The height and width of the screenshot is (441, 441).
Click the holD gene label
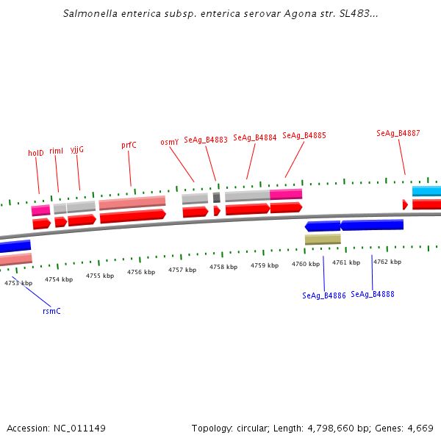tap(36, 153)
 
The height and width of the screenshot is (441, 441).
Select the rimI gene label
tap(57, 151)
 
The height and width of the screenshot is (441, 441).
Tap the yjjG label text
tap(77, 149)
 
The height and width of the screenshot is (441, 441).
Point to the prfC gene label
tap(129, 146)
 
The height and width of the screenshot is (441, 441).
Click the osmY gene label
tap(170, 143)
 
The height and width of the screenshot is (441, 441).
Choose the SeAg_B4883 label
tap(206, 140)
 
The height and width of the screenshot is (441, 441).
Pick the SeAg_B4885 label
tap(304, 135)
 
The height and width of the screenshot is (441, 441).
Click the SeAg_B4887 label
tap(398, 133)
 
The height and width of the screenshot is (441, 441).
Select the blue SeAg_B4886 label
tap(324, 295)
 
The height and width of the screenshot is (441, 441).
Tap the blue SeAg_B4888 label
tap(373, 294)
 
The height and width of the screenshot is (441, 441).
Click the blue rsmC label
tap(51, 311)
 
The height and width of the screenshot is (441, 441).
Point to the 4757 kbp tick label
tap(182, 270)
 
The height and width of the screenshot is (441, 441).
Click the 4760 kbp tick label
tap(306, 263)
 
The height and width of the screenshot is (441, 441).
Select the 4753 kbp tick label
tap(18, 282)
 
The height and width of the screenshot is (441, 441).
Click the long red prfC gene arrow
tap(132, 216)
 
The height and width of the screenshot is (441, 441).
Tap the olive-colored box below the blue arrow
tap(323, 240)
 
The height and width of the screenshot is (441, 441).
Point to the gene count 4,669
tap(420, 428)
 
